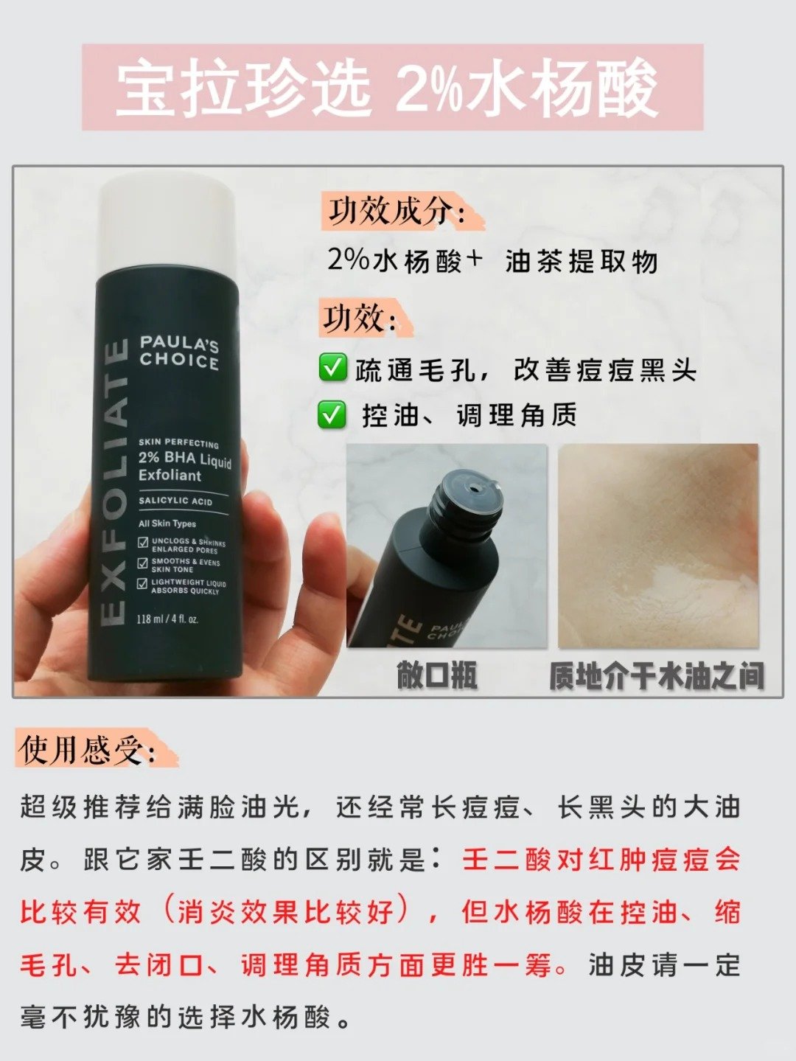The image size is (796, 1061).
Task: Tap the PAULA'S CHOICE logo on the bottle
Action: click(179, 352)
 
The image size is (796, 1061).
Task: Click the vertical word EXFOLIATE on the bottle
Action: click(114, 483)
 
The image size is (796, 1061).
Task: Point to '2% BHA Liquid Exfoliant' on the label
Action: click(184, 466)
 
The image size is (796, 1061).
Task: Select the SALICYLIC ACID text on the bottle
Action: click(175, 501)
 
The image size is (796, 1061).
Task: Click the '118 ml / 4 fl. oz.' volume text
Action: click(167, 619)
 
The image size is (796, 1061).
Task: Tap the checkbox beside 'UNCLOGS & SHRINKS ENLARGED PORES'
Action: click(143, 543)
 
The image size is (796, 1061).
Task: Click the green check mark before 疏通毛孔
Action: click(332, 368)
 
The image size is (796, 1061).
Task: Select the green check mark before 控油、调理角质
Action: click(332, 415)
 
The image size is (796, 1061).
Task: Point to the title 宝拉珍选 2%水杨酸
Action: click(388, 88)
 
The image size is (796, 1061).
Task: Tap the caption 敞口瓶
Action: click(436, 675)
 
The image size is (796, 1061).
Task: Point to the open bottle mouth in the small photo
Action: click(472, 486)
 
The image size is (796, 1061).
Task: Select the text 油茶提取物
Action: click(582, 261)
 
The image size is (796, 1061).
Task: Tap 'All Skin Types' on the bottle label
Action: click(167, 523)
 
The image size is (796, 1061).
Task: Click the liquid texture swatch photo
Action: click(658, 546)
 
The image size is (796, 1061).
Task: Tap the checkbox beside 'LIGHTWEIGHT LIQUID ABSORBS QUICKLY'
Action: click(142, 584)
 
